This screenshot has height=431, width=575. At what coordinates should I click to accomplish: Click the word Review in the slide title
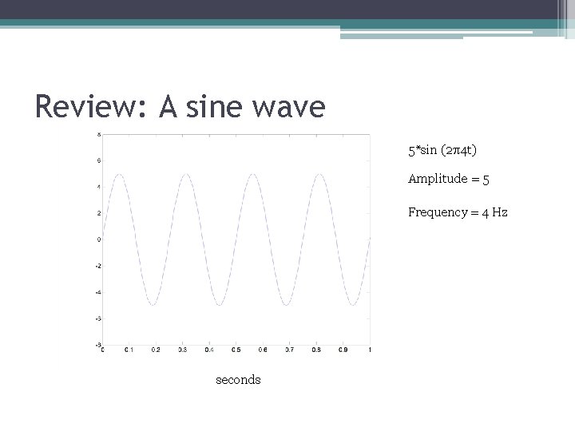point(86,105)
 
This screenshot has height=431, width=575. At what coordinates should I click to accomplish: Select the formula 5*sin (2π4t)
point(442,149)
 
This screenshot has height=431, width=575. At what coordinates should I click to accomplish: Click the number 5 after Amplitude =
point(486,180)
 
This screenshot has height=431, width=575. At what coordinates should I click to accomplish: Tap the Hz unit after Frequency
point(500,212)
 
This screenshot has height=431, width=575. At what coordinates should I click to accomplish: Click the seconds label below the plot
point(238,380)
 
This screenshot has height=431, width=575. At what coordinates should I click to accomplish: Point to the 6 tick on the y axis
point(98,160)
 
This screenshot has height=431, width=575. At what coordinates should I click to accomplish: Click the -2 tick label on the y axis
point(97,266)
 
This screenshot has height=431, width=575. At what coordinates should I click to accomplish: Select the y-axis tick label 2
point(98,213)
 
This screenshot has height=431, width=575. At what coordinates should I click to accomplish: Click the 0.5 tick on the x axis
point(236,350)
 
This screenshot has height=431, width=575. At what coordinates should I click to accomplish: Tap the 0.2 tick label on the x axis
point(157,350)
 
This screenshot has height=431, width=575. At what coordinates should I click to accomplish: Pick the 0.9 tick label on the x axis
point(343,350)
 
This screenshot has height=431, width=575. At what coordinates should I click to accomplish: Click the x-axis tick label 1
point(369,350)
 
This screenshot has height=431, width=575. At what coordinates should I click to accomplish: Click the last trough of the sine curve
point(353,305)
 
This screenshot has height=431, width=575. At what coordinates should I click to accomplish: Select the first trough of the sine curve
point(153,305)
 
